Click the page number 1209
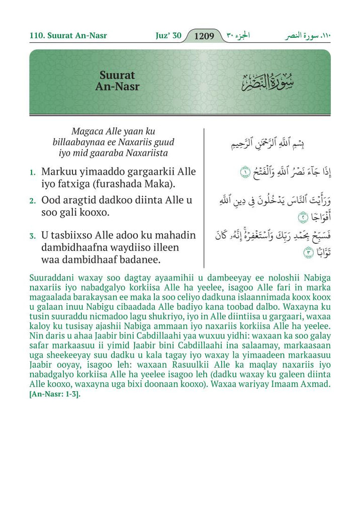click(x=204, y=36)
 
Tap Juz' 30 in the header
click(x=168, y=36)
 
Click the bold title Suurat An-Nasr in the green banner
click(x=118, y=81)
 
